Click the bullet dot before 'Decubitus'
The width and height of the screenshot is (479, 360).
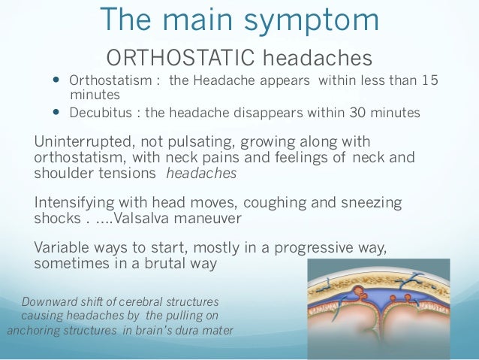click(x=56, y=113)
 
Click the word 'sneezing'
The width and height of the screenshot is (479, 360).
click(x=373, y=203)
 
